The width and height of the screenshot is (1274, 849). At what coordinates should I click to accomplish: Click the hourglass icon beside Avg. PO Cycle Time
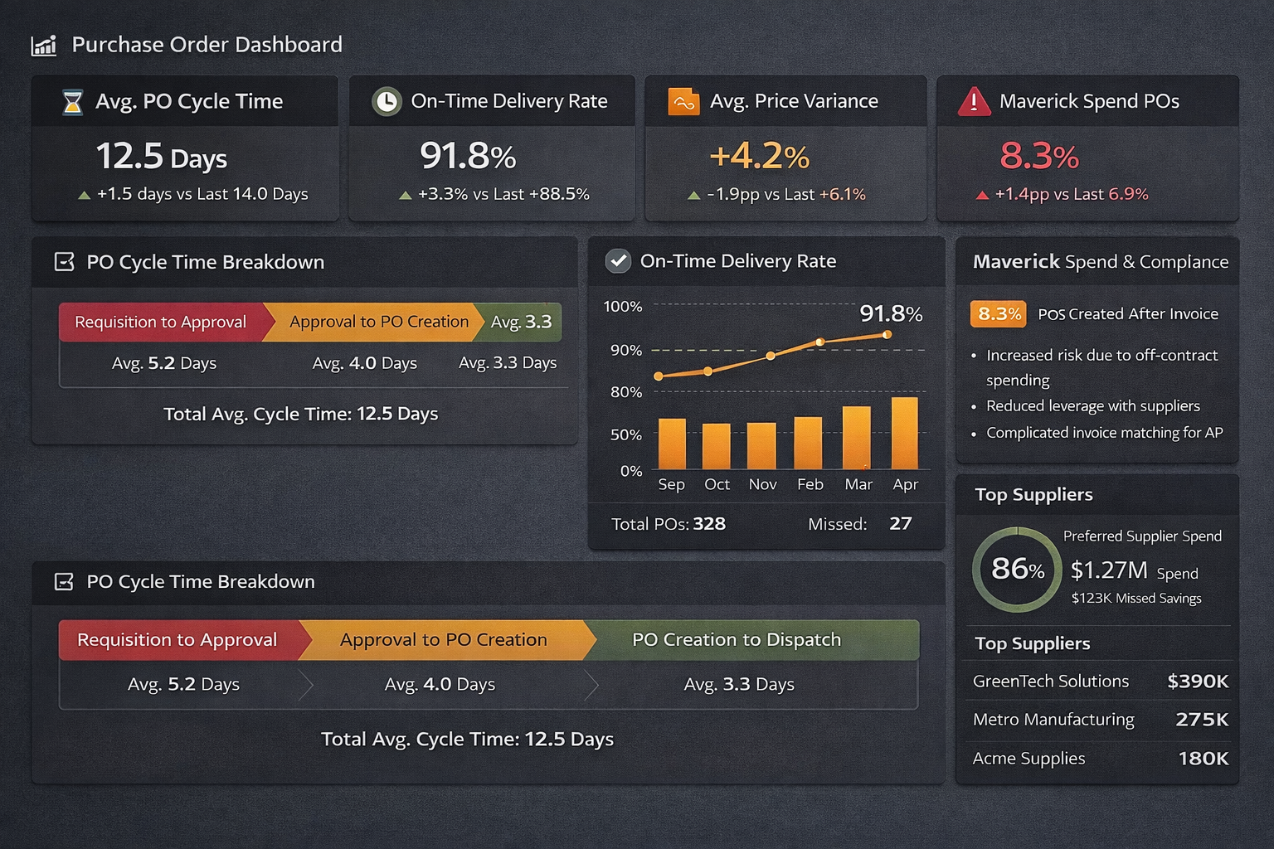73,102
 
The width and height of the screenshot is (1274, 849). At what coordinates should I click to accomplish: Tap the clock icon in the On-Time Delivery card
387,101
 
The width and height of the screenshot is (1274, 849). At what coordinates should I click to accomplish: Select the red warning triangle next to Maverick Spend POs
974,102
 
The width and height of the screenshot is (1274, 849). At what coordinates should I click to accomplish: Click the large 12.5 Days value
161,156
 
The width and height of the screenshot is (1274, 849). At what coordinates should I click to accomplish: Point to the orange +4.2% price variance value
759,156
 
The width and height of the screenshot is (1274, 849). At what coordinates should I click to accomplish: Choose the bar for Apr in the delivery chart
904,433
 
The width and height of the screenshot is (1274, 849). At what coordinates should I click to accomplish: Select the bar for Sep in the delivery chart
672,444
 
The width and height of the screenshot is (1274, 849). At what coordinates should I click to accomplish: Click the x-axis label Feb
810,484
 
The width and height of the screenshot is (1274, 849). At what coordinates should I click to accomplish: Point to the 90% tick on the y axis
626,350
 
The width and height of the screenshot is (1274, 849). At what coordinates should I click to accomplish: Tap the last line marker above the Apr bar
887,335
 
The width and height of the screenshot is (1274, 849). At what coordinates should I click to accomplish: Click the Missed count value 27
900,524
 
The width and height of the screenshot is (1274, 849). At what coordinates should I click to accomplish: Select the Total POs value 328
709,524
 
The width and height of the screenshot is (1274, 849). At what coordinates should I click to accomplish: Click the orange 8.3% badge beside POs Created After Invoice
999,313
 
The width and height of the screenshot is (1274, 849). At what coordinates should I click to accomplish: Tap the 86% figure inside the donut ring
1017,569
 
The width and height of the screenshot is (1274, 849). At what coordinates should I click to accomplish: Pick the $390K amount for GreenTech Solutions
1197,682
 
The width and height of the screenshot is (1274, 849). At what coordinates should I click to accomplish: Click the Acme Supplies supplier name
1028,759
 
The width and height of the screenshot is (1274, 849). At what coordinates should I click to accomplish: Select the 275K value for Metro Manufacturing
1202,720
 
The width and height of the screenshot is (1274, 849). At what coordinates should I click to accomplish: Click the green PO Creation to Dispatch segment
737,640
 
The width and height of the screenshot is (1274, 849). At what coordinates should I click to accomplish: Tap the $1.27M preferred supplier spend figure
1109,570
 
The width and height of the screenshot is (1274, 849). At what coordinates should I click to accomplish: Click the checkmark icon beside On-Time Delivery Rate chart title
618,261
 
